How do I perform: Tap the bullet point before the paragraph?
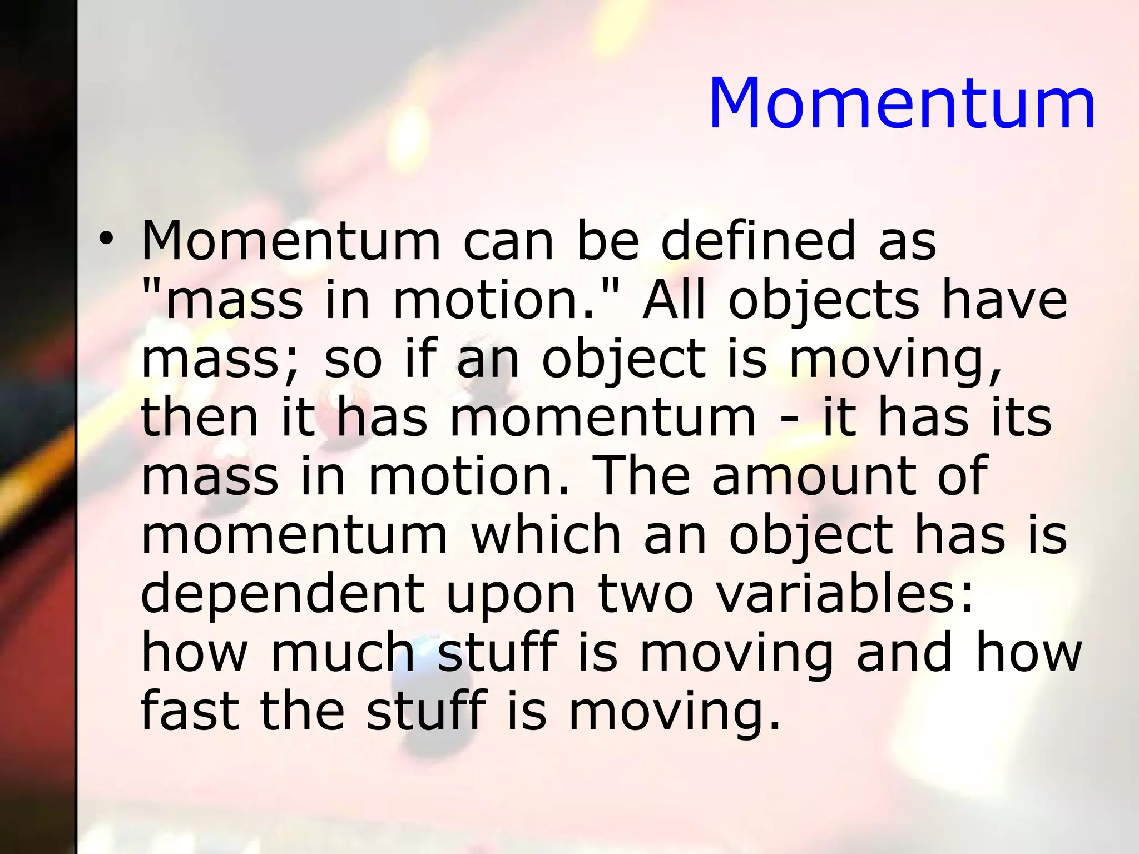[106, 240]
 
